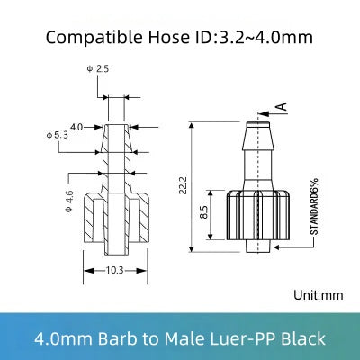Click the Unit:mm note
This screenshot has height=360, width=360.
click(319, 294)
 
